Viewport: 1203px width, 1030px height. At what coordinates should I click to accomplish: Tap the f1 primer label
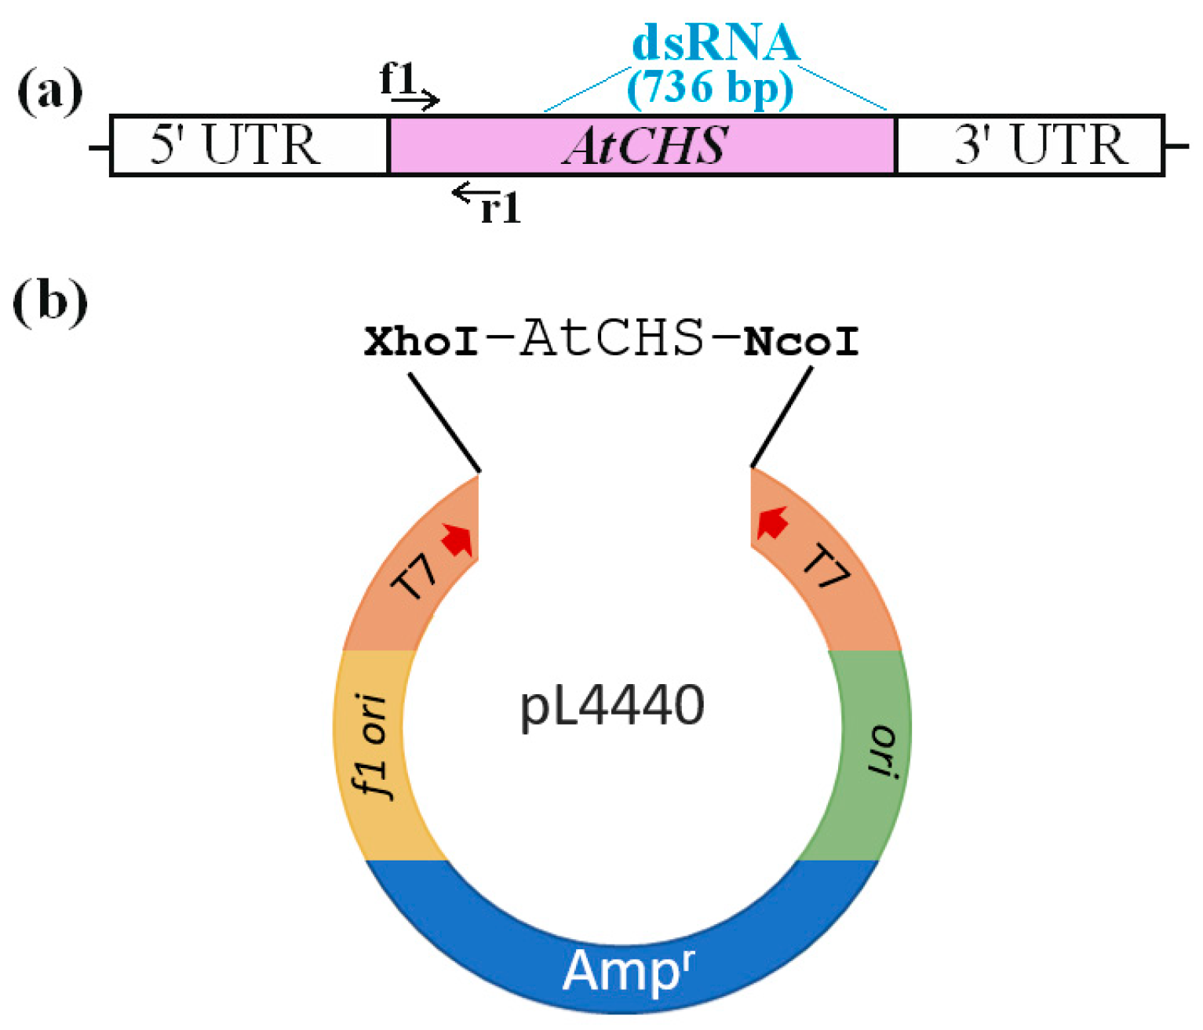[x=396, y=78]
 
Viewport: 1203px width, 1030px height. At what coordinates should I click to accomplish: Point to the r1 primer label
[x=501, y=209]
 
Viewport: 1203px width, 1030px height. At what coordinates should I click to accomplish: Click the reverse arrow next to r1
[x=471, y=192]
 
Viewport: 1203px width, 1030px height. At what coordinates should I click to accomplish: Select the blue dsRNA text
[x=715, y=42]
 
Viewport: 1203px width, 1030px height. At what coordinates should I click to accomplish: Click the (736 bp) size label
[x=710, y=86]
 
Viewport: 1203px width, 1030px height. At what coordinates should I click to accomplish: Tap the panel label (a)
[x=49, y=92]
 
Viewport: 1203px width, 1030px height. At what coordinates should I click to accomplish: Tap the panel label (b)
[x=49, y=301]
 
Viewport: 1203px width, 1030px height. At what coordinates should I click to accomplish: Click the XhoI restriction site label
[x=421, y=342]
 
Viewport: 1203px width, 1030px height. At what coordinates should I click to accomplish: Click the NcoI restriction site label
[x=800, y=342]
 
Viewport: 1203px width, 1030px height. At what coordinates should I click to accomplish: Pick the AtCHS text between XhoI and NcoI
[x=612, y=338]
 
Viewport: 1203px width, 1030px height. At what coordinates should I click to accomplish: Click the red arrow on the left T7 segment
[x=457, y=540]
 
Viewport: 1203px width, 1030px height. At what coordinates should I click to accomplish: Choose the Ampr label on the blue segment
[x=628, y=970]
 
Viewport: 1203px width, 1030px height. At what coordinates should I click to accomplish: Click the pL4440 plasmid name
[x=612, y=706]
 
